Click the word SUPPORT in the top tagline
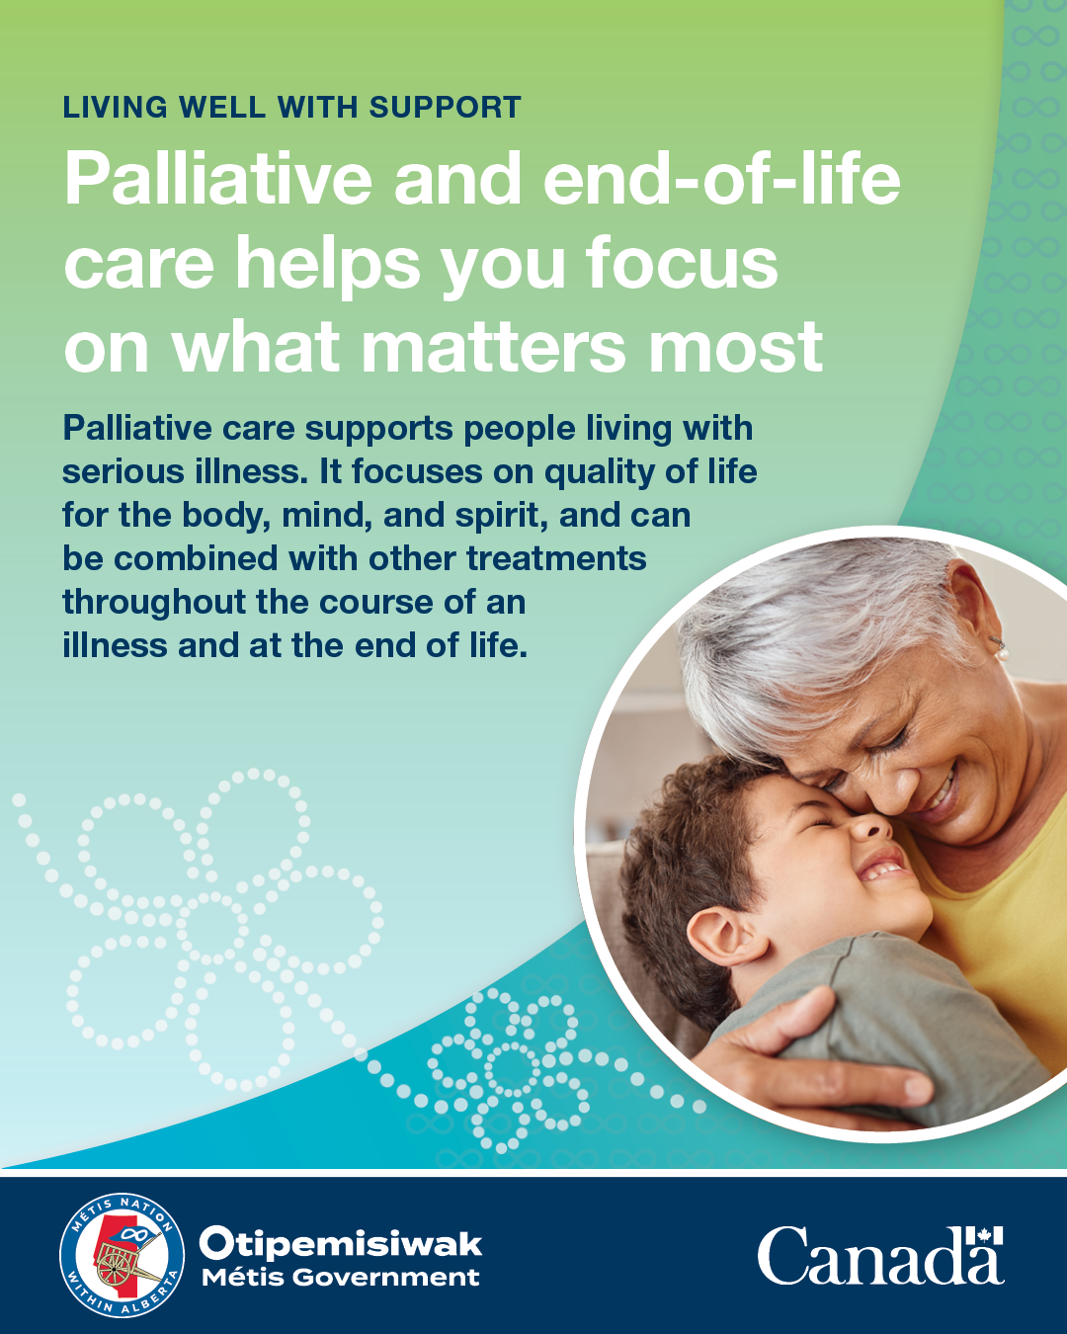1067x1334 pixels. (445, 108)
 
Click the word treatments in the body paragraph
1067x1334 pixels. (556, 558)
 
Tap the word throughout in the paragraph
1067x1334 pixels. (154, 603)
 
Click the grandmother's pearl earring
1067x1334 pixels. (1002, 653)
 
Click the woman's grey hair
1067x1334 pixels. (825, 626)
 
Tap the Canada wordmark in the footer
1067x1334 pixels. (880, 1255)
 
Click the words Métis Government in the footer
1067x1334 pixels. (341, 1277)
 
